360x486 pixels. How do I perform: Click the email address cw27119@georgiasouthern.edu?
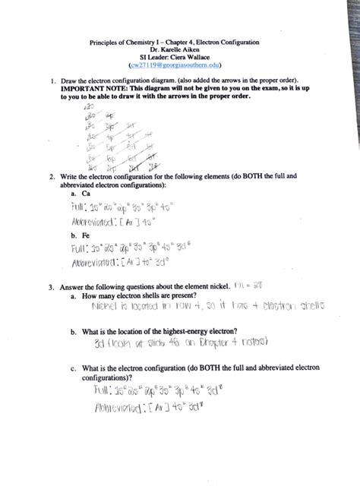(180, 66)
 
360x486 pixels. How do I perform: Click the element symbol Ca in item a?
(76, 194)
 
